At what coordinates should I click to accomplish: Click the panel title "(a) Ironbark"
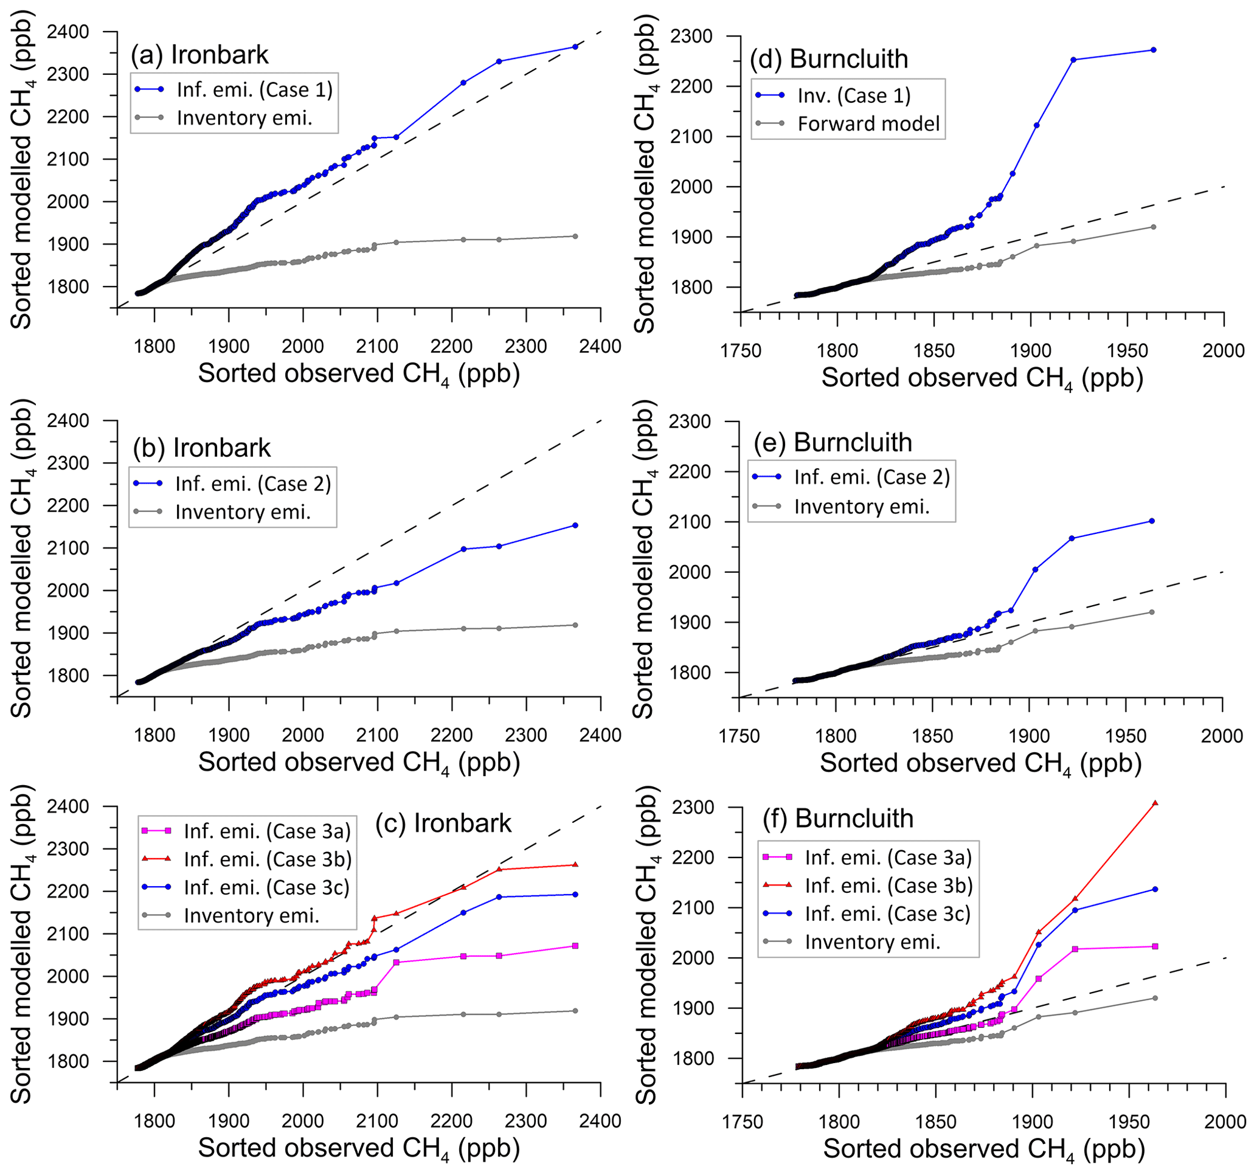200,55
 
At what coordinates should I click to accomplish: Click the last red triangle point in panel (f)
1155,803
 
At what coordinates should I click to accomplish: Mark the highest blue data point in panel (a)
575,47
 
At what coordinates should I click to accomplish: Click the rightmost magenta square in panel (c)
575,946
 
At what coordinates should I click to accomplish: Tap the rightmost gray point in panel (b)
575,625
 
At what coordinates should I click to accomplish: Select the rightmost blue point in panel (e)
1151,521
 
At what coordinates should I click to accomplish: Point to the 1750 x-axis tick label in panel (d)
741,351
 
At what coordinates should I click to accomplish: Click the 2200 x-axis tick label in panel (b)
451,735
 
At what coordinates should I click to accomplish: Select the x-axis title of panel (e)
981,764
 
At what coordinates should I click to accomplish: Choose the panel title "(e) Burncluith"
833,443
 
